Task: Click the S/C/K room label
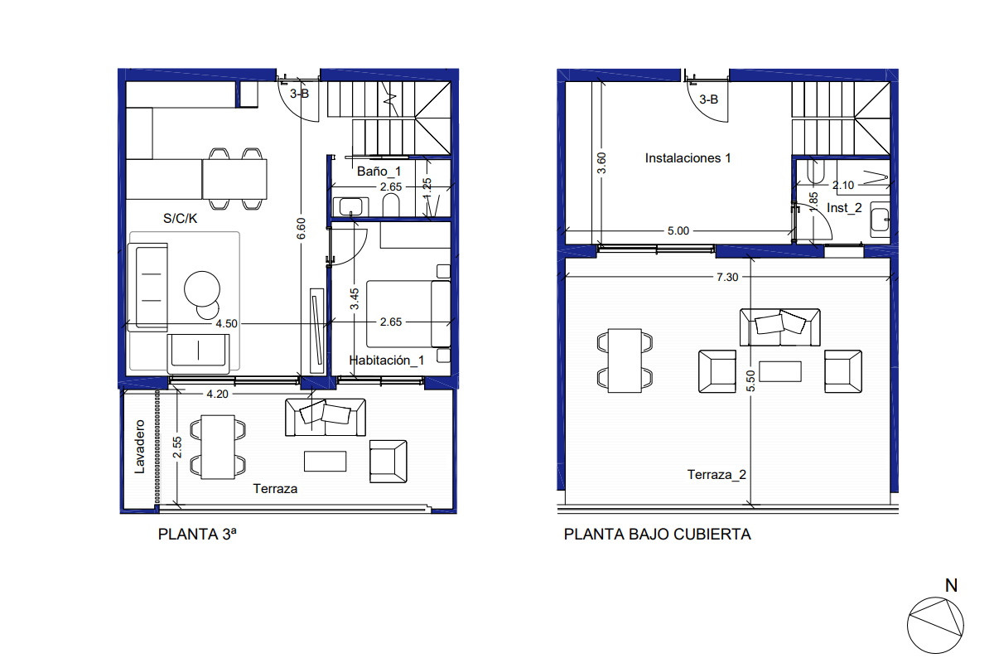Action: [x=181, y=219]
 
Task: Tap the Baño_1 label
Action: [x=379, y=171]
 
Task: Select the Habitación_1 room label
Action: [x=387, y=361]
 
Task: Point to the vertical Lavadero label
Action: [x=139, y=447]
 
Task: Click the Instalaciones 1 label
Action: [x=688, y=158]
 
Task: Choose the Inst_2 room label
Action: [x=844, y=208]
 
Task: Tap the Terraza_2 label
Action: [x=717, y=475]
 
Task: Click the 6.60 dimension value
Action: [x=302, y=228]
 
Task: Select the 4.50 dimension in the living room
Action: [x=226, y=324]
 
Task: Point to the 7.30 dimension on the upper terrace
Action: [x=727, y=277]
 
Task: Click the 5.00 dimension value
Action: [x=678, y=231]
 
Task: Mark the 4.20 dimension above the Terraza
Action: [x=217, y=394]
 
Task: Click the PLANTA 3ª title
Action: [x=197, y=534]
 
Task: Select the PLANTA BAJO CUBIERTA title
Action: [x=657, y=534]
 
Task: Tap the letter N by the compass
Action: [x=951, y=586]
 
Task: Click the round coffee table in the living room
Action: [x=202, y=289]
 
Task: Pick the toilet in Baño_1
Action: [x=391, y=206]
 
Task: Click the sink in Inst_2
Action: [x=880, y=220]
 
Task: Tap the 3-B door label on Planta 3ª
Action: [x=299, y=94]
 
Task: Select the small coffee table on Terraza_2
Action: [x=780, y=371]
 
